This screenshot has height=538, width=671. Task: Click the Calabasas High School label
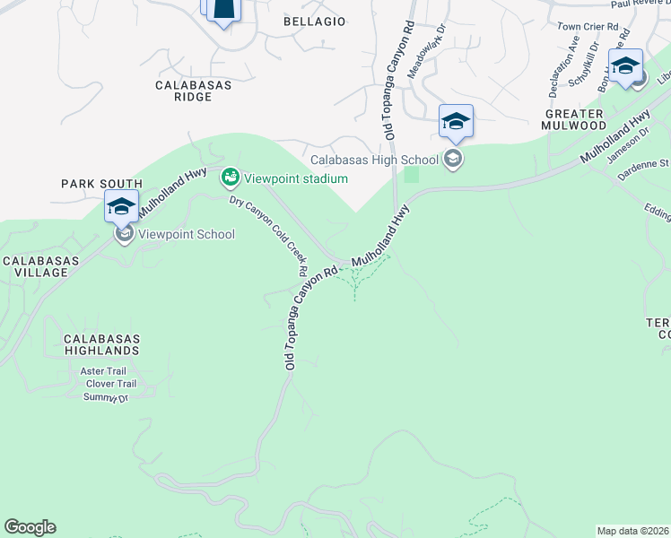point(374,161)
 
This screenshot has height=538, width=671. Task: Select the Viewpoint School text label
point(187,235)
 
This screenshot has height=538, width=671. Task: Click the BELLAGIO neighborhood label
point(314,21)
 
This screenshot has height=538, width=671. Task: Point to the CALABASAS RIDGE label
point(194,91)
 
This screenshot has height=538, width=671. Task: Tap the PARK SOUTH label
point(102,183)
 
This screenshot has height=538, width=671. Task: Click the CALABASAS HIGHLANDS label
point(100,343)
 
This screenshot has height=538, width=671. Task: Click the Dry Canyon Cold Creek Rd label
point(269,235)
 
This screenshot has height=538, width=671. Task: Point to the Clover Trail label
point(111,384)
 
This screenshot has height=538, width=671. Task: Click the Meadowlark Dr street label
point(426,57)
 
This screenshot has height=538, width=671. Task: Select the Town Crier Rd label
point(588,28)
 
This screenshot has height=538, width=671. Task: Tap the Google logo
point(30,527)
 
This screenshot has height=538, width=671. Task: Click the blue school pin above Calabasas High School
point(456,121)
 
